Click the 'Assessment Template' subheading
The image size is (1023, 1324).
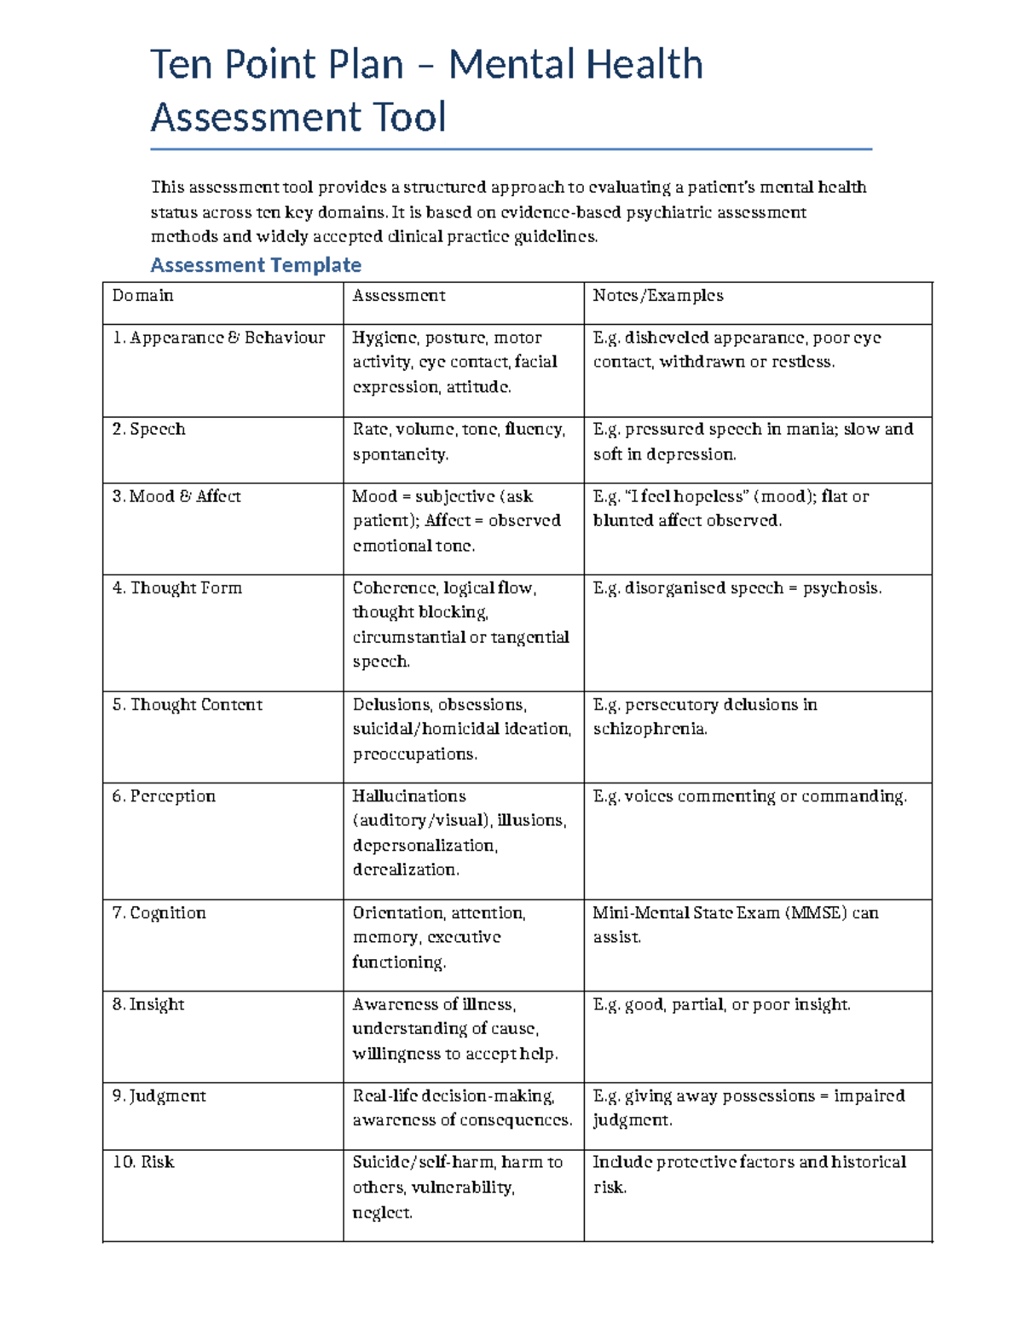pos(256,265)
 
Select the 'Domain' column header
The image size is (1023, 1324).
pos(143,296)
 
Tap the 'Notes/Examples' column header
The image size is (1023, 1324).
pos(658,296)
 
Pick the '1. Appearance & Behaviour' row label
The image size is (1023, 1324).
pos(218,338)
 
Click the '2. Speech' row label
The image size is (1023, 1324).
pos(149,429)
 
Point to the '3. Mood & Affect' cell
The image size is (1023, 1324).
pos(176,496)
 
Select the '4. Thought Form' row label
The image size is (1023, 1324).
pos(177,587)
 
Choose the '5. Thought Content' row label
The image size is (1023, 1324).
pos(188,704)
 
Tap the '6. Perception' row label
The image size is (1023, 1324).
pos(164,796)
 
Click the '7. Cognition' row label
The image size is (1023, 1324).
pos(159,913)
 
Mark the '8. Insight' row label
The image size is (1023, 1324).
pos(148,1004)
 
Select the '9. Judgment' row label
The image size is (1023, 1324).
pos(159,1096)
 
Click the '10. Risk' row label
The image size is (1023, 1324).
pos(143,1162)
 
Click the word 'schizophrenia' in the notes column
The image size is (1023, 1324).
pos(650,729)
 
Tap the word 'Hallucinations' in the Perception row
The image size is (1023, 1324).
pos(409,796)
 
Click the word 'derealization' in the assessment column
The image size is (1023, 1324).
pos(406,870)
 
